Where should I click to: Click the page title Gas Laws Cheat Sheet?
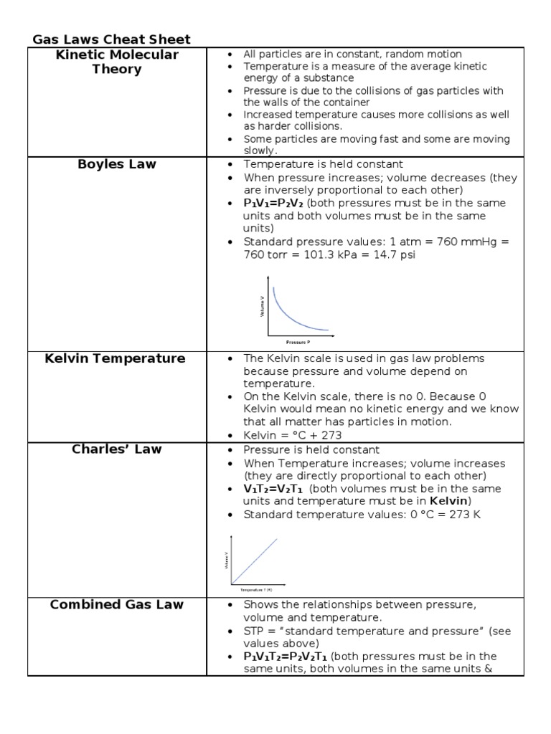click(111, 39)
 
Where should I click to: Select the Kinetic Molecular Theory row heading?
click(117, 62)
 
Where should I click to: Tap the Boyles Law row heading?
click(117, 164)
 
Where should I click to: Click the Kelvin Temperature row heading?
click(115, 358)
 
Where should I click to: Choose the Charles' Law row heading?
click(117, 449)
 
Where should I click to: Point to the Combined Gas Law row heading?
click(117, 604)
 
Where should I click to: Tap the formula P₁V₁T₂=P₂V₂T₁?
click(285, 657)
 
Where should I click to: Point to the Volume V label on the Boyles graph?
click(263, 307)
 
